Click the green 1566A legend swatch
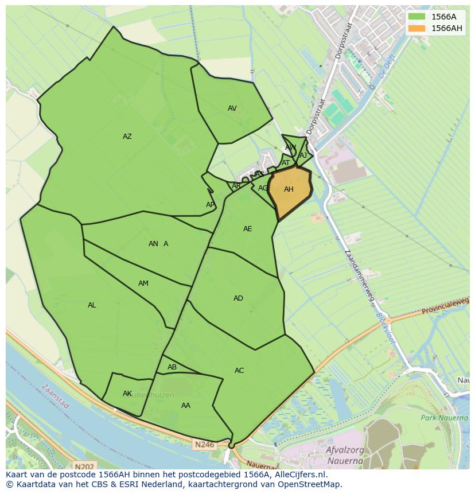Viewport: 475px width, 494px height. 417,17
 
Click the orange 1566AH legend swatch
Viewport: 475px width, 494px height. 417,28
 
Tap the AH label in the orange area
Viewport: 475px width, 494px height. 289,189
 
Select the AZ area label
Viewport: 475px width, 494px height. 127,137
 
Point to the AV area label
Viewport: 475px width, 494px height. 232,108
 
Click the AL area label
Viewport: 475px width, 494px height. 92,305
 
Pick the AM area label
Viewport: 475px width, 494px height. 143,283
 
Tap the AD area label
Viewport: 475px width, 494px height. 238,298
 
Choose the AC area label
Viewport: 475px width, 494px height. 239,371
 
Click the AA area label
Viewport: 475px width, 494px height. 186,406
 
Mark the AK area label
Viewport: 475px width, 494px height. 127,394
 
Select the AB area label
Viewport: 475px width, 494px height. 172,367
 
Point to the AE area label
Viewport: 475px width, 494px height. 248,229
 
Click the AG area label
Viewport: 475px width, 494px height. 263,188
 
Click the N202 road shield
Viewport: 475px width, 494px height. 84,467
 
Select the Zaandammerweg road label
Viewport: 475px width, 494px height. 359,276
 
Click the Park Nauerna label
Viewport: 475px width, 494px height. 444,418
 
